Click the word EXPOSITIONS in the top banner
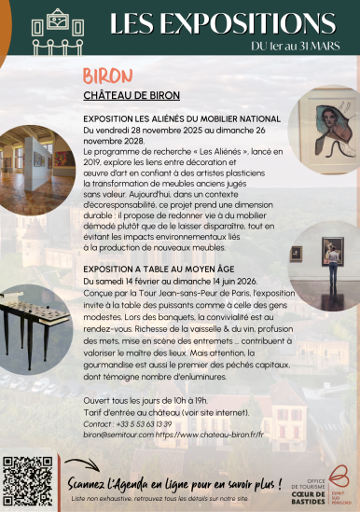pos(233,21)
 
